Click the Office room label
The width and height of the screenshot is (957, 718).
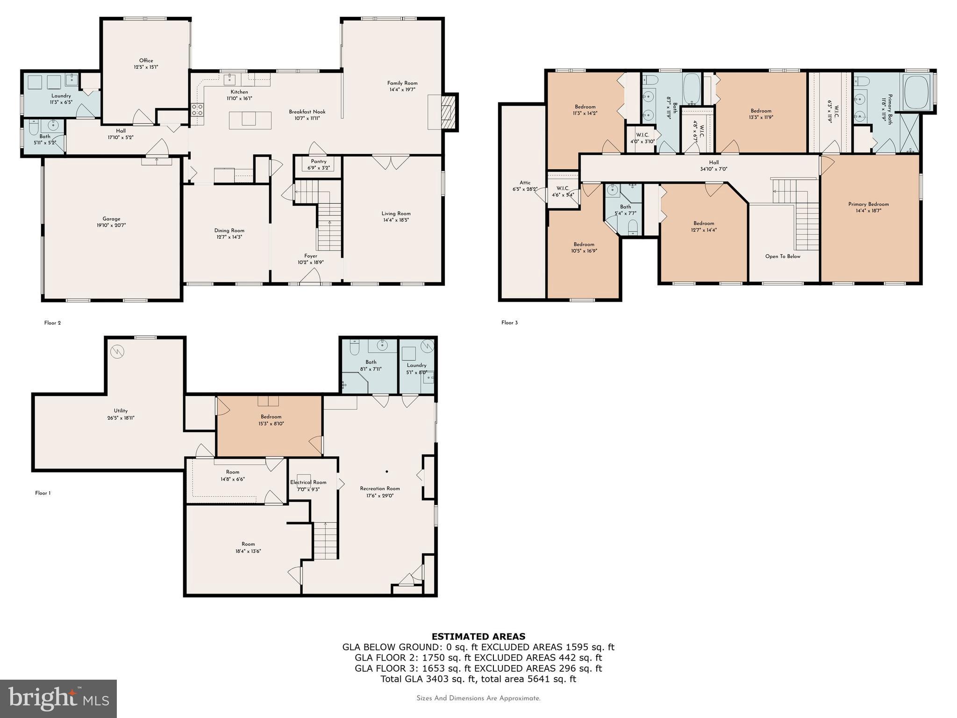pyautogui.click(x=146, y=60)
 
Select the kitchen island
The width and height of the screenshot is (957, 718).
pyautogui.click(x=250, y=120)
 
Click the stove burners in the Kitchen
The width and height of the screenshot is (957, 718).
pyautogui.click(x=197, y=110)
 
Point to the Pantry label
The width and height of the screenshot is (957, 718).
pyautogui.click(x=319, y=161)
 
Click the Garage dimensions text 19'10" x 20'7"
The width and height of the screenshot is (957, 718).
pyautogui.click(x=111, y=225)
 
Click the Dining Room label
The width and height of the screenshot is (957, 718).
pyautogui.click(x=229, y=230)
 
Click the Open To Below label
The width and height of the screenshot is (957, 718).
pyautogui.click(x=783, y=256)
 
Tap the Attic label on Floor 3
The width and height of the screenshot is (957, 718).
pyautogui.click(x=525, y=183)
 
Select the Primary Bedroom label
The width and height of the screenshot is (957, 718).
pyautogui.click(x=868, y=204)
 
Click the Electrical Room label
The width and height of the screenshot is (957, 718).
pyautogui.click(x=308, y=482)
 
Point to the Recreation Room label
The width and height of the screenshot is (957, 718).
pyautogui.click(x=379, y=488)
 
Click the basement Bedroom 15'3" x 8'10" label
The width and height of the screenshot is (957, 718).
pyautogui.click(x=271, y=416)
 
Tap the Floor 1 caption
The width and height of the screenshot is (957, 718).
pyautogui.click(x=43, y=493)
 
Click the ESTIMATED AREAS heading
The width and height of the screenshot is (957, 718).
pyautogui.click(x=478, y=636)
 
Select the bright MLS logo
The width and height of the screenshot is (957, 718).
pyautogui.click(x=58, y=698)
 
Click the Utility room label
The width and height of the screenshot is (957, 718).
pyautogui.click(x=121, y=411)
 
